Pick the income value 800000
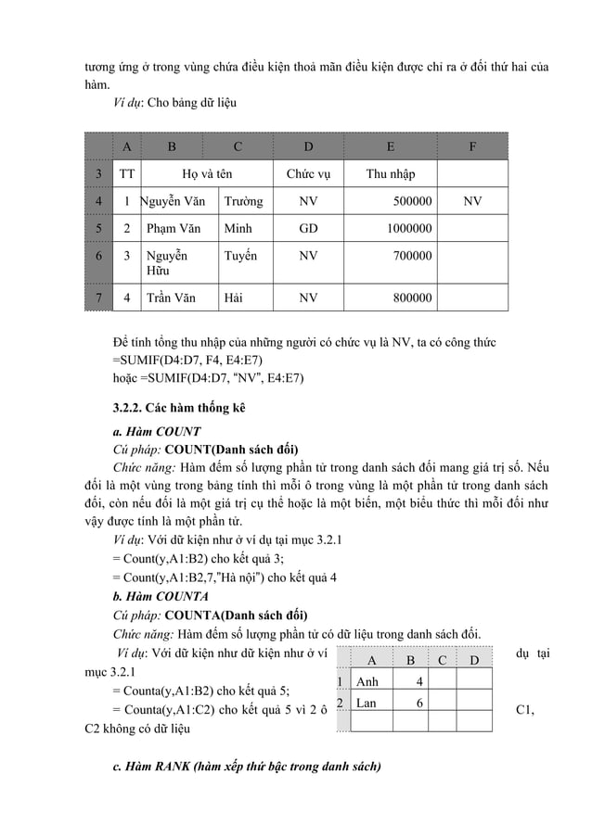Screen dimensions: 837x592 (409, 298)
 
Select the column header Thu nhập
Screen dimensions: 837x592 (390, 173)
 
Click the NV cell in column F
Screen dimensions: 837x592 (472, 200)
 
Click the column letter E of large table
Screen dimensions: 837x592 (390, 146)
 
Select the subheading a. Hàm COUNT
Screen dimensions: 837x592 (156, 431)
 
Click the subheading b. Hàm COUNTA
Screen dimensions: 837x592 (160, 596)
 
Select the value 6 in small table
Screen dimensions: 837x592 (419, 703)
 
